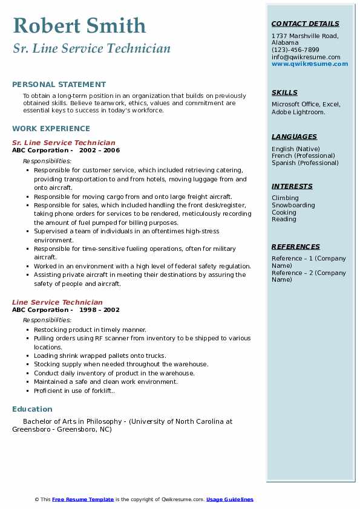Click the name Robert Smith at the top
pos(79,25)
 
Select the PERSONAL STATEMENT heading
pos(59,85)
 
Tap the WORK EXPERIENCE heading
pos(51,128)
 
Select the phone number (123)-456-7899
pos(295,50)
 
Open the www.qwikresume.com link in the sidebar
pos(310,64)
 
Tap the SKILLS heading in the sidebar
pos(284,93)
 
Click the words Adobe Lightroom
pos(298,112)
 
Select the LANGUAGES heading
pos(294,137)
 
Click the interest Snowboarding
pos(293,206)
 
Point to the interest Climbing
pos(285,198)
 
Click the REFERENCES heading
pos(296,247)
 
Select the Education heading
pos(32,409)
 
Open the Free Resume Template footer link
pos(83,499)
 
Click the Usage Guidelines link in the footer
pos(229,499)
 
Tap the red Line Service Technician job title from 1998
pos(57,302)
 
